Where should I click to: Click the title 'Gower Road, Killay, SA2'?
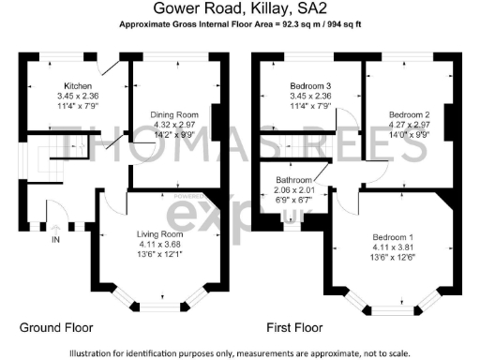pyautogui.click(x=239, y=8)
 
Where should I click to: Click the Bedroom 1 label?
pyautogui.click(x=391, y=235)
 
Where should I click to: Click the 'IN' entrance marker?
pyautogui.click(x=53, y=240)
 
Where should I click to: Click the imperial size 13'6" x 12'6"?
pyautogui.click(x=391, y=255)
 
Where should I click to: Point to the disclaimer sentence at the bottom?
pyautogui.click(x=239, y=352)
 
